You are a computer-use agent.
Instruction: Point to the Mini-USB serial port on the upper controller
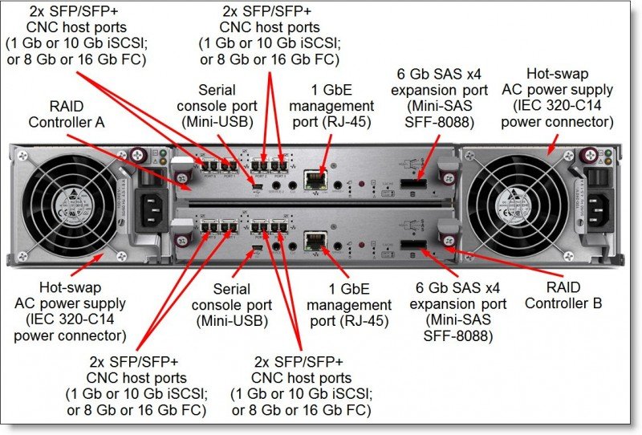pos(255,189)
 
